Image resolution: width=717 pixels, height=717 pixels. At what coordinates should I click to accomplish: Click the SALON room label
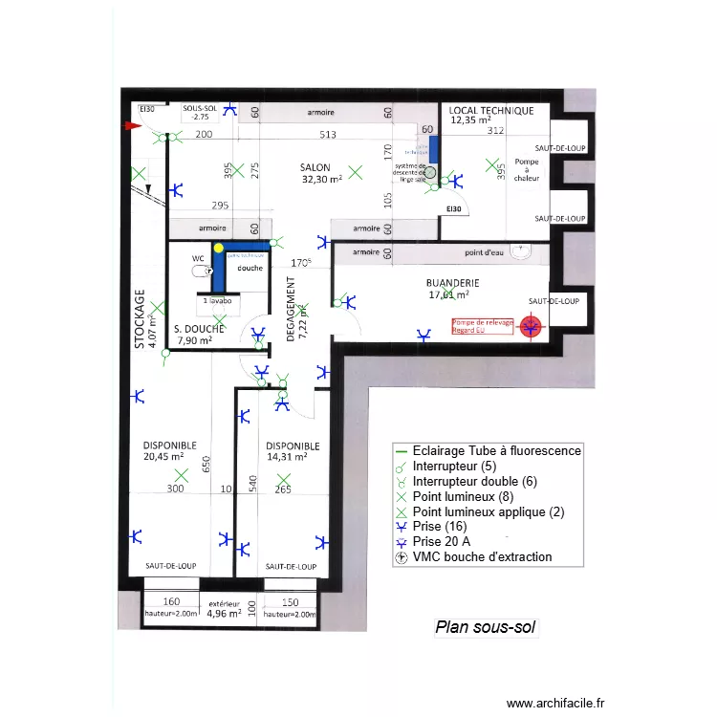[315, 165]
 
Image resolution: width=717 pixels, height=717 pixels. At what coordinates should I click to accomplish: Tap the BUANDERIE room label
[452, 283]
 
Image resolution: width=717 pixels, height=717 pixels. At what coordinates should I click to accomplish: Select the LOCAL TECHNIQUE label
[490, 111]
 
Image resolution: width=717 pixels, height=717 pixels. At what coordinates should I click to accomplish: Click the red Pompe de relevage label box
[483, 327]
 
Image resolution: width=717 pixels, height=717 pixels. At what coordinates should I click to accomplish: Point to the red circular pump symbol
[529, 328]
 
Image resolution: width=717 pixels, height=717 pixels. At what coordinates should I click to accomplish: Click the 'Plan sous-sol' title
[486, 628]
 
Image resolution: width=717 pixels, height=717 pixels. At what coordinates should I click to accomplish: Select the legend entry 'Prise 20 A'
[443, 541]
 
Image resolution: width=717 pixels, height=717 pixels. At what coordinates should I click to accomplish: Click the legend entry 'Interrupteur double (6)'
[475, 482]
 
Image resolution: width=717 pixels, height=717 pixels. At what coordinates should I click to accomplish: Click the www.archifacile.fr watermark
[555, 703]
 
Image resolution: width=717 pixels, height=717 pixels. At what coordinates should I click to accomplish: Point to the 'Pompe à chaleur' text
[527, 170]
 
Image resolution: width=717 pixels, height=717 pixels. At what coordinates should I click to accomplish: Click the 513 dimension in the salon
[328, 135]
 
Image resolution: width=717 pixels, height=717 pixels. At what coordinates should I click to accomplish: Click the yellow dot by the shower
[219, 248]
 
